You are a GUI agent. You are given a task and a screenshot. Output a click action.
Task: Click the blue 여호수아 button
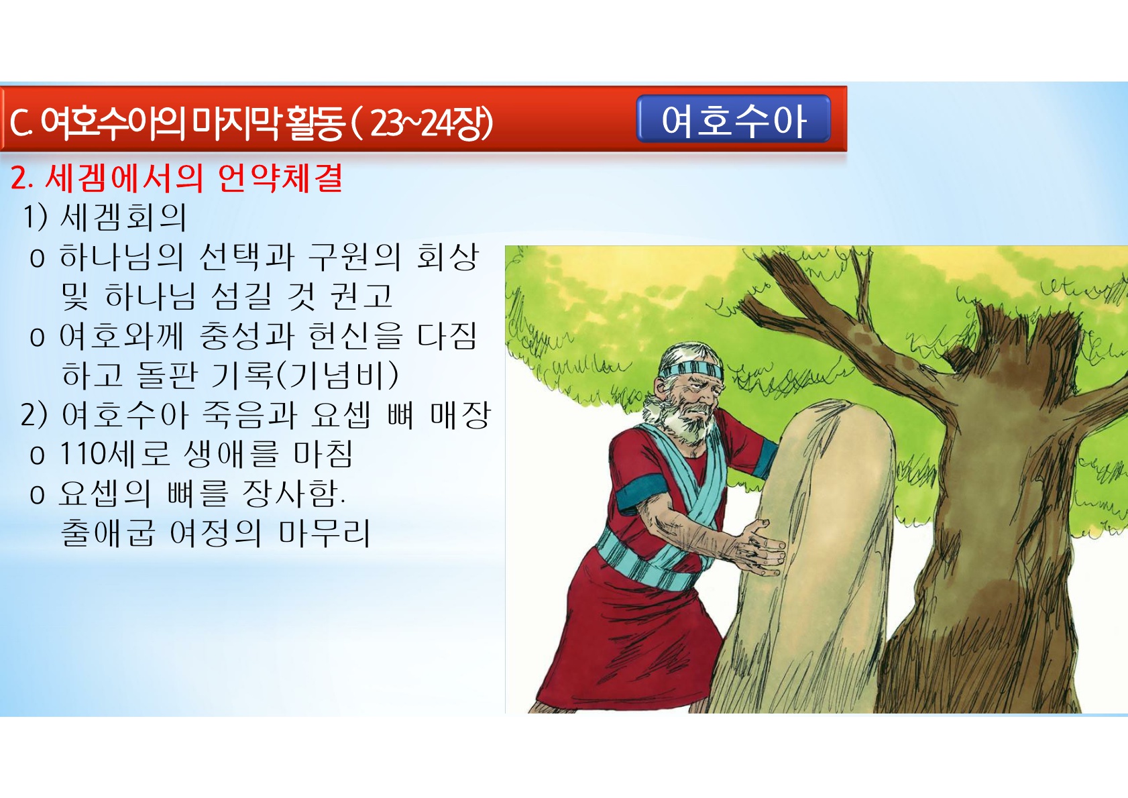(x=733, y=119)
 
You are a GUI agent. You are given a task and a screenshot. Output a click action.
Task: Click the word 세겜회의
(x=123, y=217)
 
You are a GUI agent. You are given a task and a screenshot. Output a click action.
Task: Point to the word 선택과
(x=247, y=257)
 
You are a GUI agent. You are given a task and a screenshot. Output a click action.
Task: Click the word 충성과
(x=247, y=336)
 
